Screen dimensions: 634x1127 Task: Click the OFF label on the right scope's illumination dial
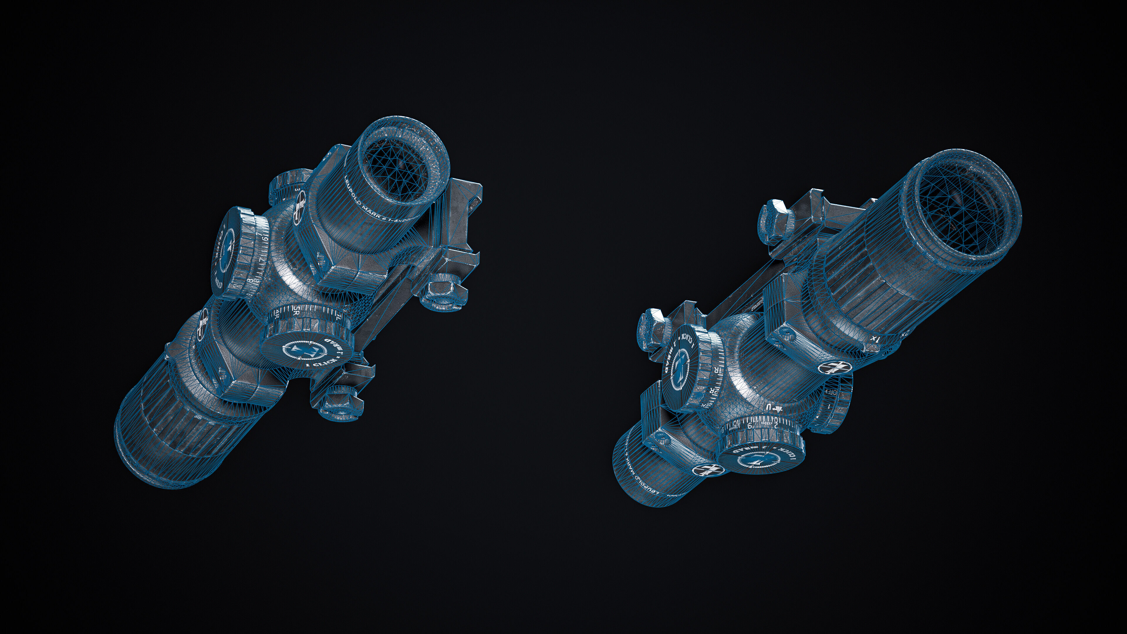pyautogui.click(x=831, y=392)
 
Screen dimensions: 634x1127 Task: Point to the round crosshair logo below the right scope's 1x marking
pyautogui.click(x=831, y=367)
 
